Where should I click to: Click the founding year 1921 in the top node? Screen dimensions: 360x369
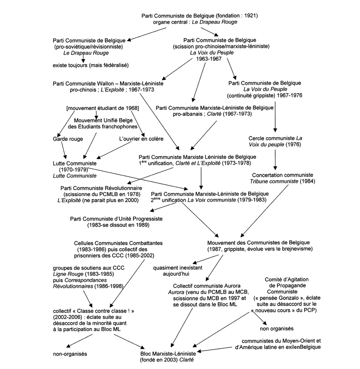tap(250, 16)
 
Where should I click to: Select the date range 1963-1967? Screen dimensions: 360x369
tap(209, 59)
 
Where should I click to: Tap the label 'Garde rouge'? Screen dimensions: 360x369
tap(68, 139)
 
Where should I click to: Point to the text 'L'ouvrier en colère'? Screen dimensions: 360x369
tap(141, 139)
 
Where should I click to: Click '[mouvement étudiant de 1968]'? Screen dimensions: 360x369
tap(103, 108)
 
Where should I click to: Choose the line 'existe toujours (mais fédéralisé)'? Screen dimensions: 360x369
tap(91, 65)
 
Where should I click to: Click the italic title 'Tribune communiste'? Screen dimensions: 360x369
tap(274, 181)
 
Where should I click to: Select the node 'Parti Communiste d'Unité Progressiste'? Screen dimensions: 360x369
tap(116, 219)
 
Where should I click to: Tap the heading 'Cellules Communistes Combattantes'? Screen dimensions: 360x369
tap(118, 243)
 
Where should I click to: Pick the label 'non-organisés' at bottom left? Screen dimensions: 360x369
tap(70, 354)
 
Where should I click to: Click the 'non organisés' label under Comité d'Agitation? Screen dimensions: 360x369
tap(277, 328)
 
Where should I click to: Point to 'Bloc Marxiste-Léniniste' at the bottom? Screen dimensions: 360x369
tap(168, 353)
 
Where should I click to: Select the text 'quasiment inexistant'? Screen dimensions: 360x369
tap(178, 268)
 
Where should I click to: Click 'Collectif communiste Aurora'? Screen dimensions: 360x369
tap(207, 286)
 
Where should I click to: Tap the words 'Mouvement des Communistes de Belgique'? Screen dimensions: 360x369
tap(259, 242)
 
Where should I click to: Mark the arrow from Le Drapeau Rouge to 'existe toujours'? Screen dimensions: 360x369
tap(83, 58)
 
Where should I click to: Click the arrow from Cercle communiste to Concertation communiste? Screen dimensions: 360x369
tap(275, 160)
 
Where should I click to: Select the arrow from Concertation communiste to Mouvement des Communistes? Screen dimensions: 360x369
tap(264, 211)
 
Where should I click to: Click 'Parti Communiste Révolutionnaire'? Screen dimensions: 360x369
tap(101, 188)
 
